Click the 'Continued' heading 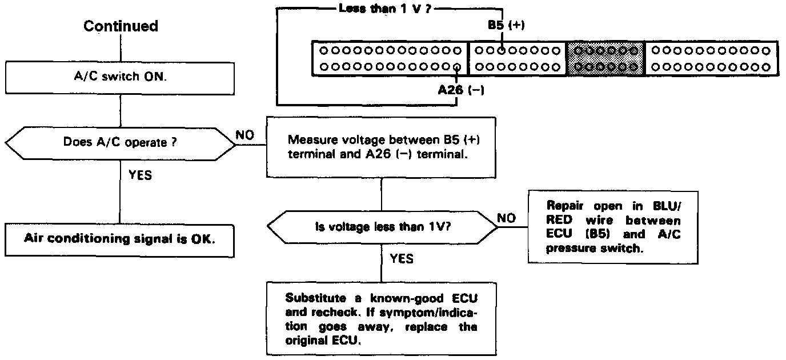(121, 26)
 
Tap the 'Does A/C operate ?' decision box (121, 143)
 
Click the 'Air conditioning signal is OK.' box (120, 239)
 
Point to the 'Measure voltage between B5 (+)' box (381, 147)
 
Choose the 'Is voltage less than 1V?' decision (381, 226)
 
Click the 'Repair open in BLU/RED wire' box (613, 226)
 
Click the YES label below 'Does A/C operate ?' (140, 175)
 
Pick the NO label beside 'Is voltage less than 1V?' (506, 218)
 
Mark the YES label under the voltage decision (402, 259)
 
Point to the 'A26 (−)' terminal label (460, 90)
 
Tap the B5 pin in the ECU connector (501, 50)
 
